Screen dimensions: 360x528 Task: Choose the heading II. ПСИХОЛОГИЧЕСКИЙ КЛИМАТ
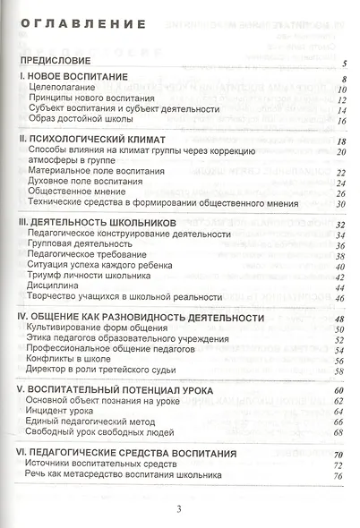[93, 141]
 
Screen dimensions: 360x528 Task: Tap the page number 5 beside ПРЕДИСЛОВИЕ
[345, 64]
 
